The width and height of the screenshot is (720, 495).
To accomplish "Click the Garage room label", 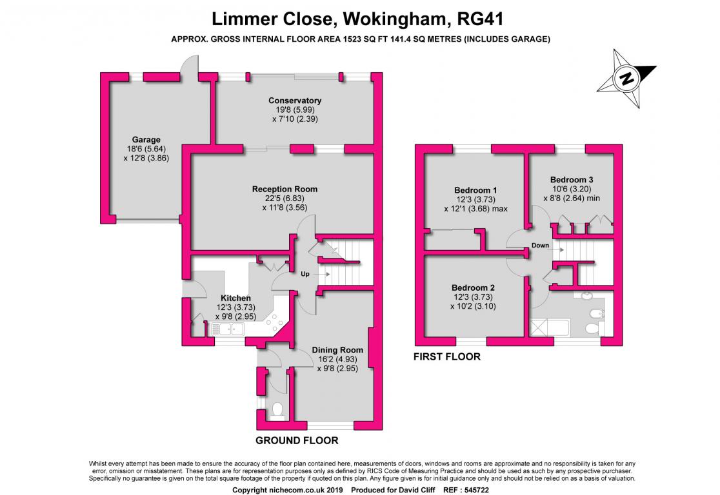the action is (146, 139).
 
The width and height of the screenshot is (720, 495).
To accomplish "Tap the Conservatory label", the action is (295, 101).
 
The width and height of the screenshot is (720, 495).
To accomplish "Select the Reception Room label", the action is (285, 189).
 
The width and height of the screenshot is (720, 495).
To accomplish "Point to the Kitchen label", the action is (235, 298).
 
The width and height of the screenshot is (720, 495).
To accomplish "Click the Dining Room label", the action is (337, 350).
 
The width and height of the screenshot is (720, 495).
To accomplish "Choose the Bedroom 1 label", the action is (475, 190).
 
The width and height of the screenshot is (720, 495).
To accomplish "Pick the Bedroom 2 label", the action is (473, 288).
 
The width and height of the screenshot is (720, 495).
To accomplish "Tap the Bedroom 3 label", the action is (572, 180).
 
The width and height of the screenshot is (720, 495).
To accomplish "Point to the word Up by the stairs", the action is (305, 274).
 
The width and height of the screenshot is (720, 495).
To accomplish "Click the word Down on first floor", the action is (541, 246).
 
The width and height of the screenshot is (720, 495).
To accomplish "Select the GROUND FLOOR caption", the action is (297, 440).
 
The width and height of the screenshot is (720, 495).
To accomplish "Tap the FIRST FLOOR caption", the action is (447, 356).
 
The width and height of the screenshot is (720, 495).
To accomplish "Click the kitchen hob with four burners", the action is (275, 322).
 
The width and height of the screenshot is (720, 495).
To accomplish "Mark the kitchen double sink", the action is (227, 329).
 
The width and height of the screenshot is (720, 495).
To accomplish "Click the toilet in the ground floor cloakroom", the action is (277, 411).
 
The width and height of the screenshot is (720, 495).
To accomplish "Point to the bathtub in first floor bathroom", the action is (550, 328).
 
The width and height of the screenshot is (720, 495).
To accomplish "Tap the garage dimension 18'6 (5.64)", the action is (146, 149).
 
